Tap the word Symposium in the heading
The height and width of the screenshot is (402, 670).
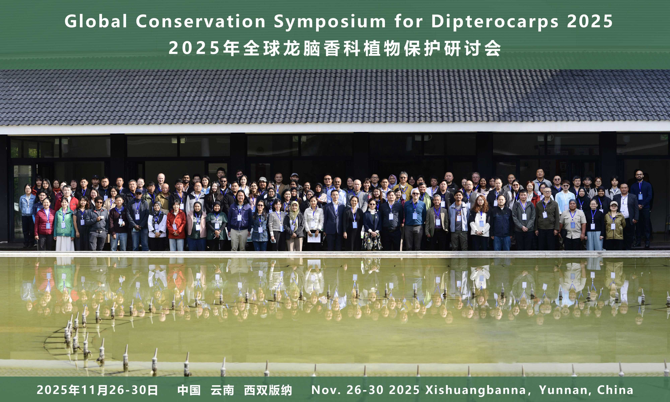pos(330,21)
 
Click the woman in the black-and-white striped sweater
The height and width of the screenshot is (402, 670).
pos(277,225)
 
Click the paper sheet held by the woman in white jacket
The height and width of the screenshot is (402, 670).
pos(314,238)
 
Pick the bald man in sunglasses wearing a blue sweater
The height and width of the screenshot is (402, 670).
pos(414,219)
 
